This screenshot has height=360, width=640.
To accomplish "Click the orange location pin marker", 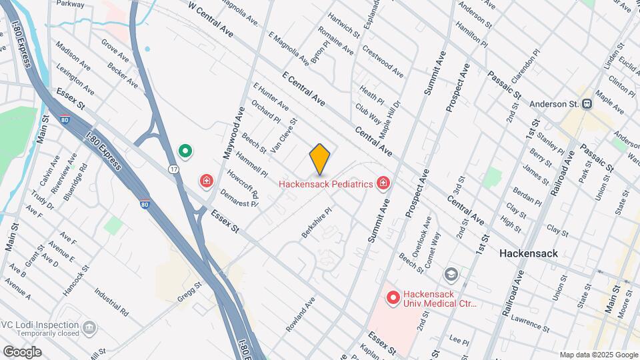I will (320, 158).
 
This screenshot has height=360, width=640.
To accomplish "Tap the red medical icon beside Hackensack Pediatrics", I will (383, 183).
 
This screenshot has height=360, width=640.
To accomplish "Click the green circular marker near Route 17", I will (187, 152).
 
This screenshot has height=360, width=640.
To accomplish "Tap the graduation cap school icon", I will (451, 274).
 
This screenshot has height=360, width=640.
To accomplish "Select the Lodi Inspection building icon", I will (87, 327).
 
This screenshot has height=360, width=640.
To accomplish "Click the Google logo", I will (22, 352).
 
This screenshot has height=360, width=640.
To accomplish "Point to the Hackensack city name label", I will (529, 253).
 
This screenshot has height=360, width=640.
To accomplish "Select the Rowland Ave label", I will (300, 315).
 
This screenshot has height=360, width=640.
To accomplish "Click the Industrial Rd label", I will (111, 301).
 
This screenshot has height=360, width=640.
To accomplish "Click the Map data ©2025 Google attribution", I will (599, 355).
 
